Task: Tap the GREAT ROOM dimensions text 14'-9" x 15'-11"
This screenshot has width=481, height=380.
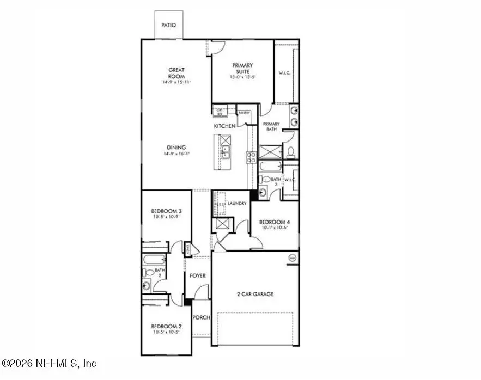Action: tap(176, 82)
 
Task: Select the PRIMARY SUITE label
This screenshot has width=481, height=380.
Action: tap(242, 68)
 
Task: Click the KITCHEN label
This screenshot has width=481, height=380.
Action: tap(224, 126)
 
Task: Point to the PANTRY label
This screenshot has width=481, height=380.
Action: tap(244, 113)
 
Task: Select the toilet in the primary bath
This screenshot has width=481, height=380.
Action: tap(291, 151)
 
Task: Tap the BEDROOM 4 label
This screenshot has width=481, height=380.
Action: tap(275, 222)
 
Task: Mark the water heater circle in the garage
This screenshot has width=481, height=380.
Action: tap(292, 258)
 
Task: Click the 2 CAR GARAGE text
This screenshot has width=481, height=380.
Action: tap(255, 294)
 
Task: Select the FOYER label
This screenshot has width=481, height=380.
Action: tap(198, 276)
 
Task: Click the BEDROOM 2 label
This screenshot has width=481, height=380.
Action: tap(166, 326)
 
